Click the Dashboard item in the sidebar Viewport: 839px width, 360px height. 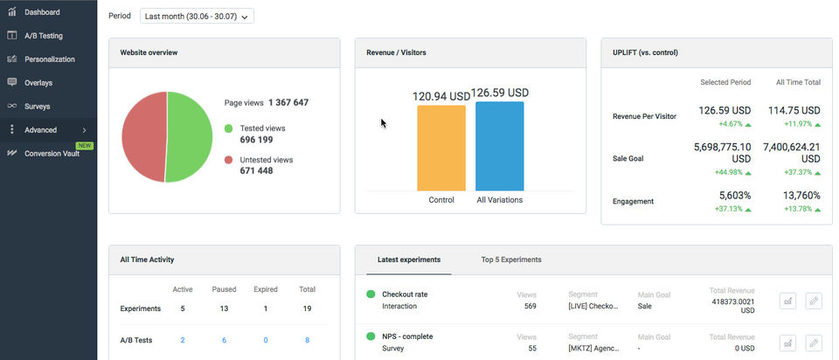point(42,12)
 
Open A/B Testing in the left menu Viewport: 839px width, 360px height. point(43,36)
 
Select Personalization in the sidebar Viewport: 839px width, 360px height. point(49,59)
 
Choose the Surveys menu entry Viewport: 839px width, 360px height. point(37,107)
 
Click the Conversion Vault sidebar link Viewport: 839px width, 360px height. point(52,153)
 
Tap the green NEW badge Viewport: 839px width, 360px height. point(85,145)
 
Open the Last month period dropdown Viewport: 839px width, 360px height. point(197,16)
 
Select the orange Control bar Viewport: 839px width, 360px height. point(441,149)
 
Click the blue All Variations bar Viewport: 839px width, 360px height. point(500,147)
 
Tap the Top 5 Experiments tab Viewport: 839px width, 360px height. point(511,260)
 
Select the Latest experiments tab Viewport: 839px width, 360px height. point(409,260)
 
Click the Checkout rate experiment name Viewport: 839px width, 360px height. point(405,294)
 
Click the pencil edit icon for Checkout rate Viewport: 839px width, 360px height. point(815,301)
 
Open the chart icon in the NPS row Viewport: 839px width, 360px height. point(787,343)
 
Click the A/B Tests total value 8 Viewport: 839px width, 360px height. point(307,340)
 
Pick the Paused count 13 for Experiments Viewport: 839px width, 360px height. point(224,308)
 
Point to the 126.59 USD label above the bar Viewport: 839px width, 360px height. point(500,93)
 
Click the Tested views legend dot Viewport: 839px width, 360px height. point(228,128)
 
